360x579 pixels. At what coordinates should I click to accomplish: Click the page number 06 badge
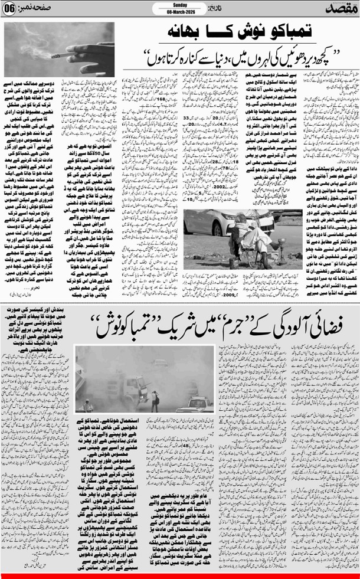click(13, 10)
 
